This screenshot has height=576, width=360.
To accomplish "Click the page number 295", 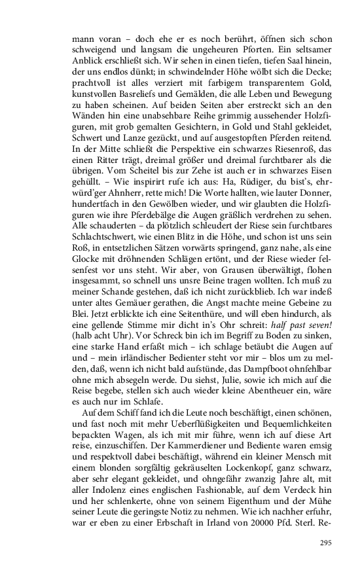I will pos(327,543).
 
